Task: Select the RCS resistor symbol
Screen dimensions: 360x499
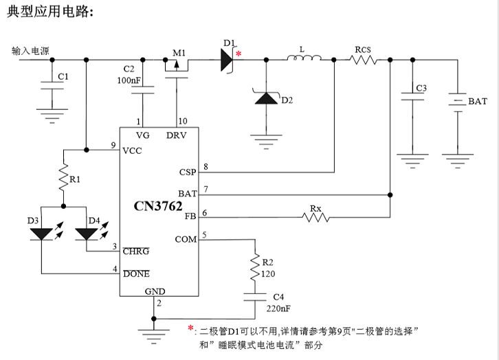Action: pos(363,60)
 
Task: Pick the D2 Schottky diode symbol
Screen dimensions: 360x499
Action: pos(265,98)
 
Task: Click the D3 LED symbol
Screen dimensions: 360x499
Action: pos(42,234)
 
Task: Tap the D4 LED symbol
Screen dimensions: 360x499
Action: pos(87,234)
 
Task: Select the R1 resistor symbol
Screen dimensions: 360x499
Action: pos(63,178)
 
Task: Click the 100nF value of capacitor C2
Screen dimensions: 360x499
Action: pos(129,81)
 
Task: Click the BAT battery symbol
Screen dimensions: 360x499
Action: pos(453,101)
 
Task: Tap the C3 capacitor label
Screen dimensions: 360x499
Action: pos(421,89)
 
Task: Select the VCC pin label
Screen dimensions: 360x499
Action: pos(133,150)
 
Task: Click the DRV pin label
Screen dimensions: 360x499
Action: pos(176,135)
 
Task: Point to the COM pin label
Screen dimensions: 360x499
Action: pos(186,239)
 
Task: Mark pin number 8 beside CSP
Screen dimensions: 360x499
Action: pos(206,167)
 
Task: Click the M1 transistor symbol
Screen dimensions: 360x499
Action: pos(177,65)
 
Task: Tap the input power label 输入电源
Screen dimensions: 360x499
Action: pos(30,51)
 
